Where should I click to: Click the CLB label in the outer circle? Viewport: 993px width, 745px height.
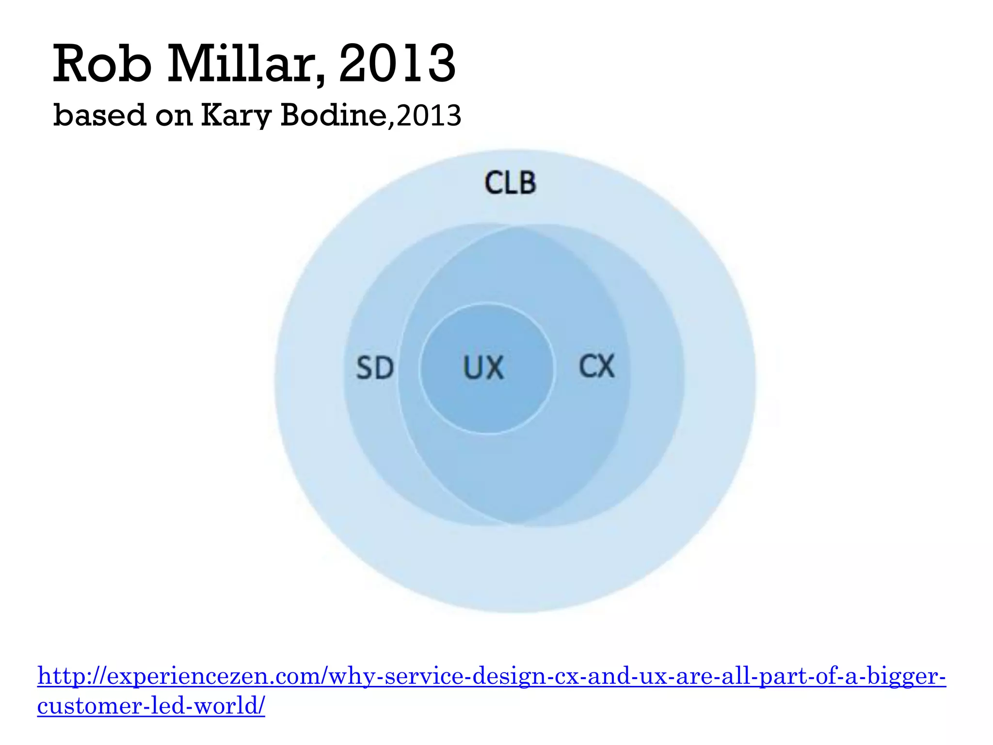point(510,183)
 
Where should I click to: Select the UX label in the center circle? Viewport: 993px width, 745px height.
point(483,368)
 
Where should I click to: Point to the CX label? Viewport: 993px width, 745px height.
point(597,366)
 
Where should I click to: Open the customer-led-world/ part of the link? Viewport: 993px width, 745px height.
point(151,706)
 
